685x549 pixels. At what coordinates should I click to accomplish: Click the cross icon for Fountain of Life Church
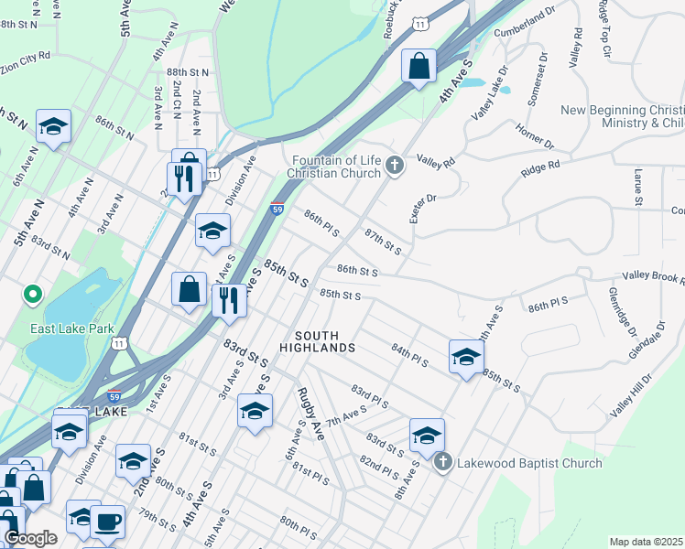point(395,166)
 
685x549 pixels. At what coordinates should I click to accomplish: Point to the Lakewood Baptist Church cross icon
point(442,462)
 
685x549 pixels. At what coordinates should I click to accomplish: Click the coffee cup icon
point(108,522)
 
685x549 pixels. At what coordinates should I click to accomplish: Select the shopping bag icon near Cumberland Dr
point(419,67)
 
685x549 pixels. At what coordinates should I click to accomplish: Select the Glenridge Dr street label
point(622,312)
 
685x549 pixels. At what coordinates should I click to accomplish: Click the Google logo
point(30,537)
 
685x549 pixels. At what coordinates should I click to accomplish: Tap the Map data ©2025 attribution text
point(645,542)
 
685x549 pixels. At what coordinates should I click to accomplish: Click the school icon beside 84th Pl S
point(465,357)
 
